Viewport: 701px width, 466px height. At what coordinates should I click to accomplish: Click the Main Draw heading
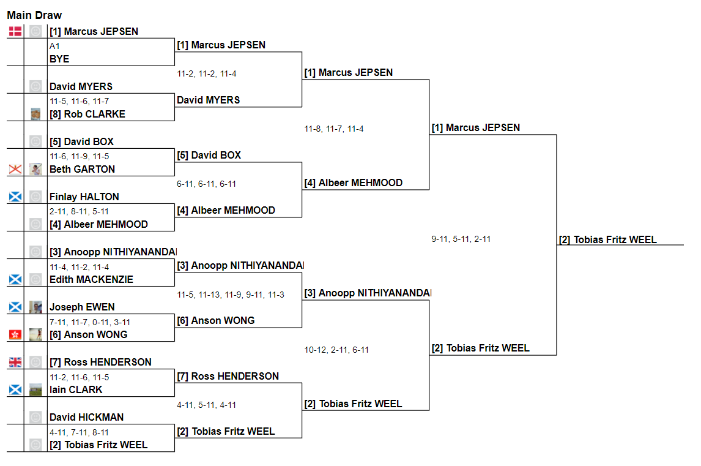coord(34,15)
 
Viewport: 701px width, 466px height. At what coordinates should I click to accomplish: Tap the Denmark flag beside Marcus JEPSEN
coord(15,31)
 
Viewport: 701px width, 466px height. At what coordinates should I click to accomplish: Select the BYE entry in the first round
coord(59,59)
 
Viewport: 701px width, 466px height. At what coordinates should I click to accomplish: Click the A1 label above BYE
coord(54,46)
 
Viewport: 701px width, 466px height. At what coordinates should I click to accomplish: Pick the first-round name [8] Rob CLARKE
coord(87,114)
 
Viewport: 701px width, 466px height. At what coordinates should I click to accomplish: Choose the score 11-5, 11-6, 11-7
coord(79,101)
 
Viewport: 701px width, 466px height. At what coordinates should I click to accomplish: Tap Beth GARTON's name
coord(82,169)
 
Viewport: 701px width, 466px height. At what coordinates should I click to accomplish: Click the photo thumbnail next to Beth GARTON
coord(35,169)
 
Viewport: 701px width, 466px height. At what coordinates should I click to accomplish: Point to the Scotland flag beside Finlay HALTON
coord(15,197)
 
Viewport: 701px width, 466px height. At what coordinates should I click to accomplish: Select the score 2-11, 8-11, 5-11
coord(79,211)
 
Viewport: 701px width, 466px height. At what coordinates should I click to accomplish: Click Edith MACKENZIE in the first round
coord(91,279)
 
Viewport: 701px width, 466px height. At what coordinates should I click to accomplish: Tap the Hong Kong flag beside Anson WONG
coord(15,334)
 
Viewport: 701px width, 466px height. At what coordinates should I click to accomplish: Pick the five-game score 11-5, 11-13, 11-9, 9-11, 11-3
coord(231,295)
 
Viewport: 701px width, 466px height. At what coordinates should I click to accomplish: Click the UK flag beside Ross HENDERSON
coord(15,362)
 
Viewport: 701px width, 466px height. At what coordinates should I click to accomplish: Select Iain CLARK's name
coord(76,389)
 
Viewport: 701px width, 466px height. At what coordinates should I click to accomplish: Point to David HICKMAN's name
coord(87,417)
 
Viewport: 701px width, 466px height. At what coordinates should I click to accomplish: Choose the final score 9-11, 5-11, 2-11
coord(461,239)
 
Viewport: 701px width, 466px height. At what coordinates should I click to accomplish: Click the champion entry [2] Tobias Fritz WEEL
coord(608,239)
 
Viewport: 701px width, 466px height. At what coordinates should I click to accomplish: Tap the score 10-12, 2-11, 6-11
coord(336,350)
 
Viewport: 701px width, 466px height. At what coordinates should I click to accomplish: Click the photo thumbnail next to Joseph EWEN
coord(35,307)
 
